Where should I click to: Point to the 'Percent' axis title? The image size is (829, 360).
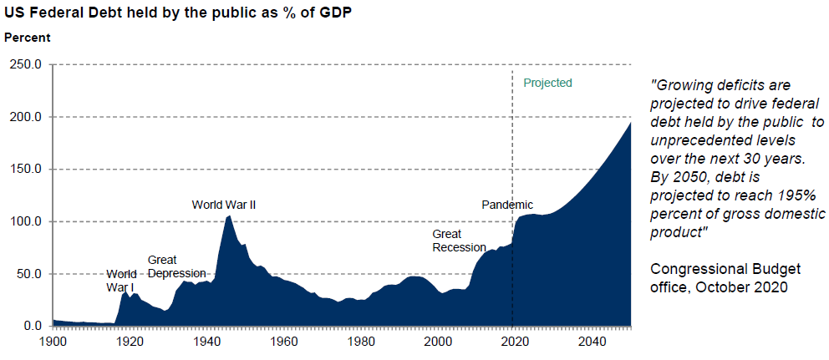point(28,38)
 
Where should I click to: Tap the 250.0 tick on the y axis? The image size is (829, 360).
point(25,64)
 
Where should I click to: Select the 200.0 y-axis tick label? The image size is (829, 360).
point(25,117)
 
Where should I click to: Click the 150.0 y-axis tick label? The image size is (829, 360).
point(25,170)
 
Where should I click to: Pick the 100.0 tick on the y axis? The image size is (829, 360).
point(25,221)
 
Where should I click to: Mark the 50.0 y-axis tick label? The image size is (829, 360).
point(28,274)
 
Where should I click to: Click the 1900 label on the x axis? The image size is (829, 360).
point(53,342)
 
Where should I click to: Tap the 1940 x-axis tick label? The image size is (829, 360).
point(207,342)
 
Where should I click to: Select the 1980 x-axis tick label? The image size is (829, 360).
point(361,342)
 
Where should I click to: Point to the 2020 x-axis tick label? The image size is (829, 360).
point(516,342)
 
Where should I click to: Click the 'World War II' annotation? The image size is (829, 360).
point(224,204)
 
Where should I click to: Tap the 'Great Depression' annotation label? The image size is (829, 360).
point(176,266)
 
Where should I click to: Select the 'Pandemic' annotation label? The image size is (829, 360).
point(507,205)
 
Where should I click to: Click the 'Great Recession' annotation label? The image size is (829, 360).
point(459,241)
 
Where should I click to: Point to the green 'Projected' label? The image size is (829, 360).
point(547,83)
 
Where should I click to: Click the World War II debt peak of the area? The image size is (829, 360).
point(229,216)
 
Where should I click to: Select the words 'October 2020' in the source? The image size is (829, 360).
point(745,287)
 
